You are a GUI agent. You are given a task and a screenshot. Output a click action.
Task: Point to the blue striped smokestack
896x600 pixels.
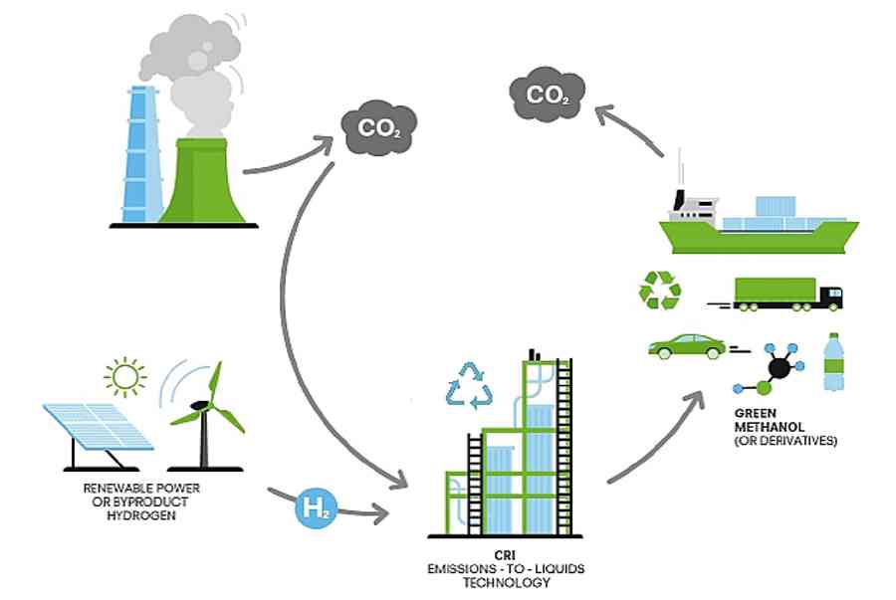pos(141,154)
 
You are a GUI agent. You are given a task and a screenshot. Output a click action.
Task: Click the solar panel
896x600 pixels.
pos(96,427)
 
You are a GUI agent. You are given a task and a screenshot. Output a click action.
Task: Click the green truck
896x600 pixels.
pos(786,294)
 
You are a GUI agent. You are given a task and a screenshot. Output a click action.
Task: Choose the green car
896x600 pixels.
pos(687,345)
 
